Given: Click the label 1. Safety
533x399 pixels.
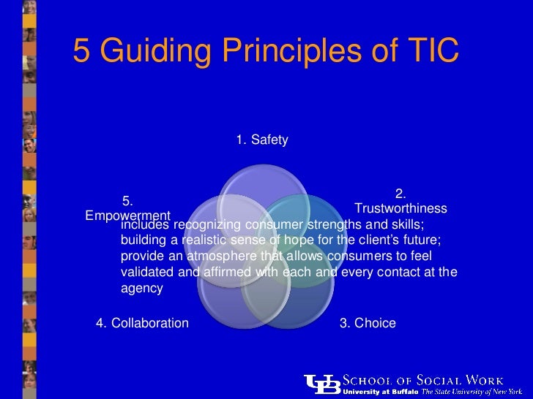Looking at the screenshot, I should click(x=262, y=140).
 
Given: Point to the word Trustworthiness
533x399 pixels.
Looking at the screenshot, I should click(x=400, y=209).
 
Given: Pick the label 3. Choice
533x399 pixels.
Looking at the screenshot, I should click(x=368, y=323).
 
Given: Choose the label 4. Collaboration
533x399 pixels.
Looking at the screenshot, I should click(x=142, y=323).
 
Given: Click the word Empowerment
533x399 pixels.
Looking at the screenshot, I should click(x=127, y=216).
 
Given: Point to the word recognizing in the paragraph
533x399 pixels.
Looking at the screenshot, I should click(x=206, y=224).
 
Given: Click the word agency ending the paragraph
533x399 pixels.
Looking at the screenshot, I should click(x=141, y=289).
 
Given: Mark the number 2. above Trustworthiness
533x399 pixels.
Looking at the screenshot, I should click(x=400, y=194).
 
